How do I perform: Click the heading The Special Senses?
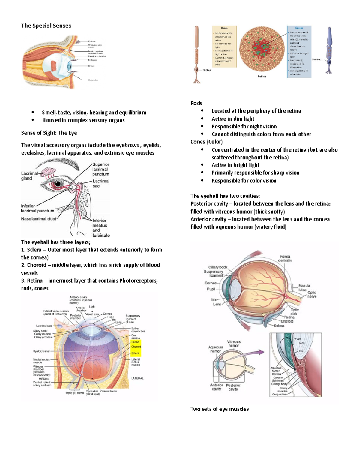pos(46,26)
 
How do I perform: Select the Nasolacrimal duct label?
pos(38,219)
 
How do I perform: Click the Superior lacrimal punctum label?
pos(101,169)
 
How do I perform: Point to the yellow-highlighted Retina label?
pos(135,342)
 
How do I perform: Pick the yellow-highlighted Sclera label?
pos(135,353)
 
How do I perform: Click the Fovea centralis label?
pos(285,258)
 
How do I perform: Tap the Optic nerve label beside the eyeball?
pos(312,294)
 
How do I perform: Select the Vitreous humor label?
pos(234,344)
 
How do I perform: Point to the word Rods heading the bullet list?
pos(196,103)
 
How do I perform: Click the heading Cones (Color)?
pos(206,142)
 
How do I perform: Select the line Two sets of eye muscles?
pos(220,409)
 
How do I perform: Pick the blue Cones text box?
pos(299,52)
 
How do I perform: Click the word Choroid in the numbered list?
pos(37,265)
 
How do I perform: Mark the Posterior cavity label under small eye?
pos(233,387)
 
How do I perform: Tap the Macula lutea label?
pos(304,288)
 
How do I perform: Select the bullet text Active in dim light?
pos(233,119)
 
